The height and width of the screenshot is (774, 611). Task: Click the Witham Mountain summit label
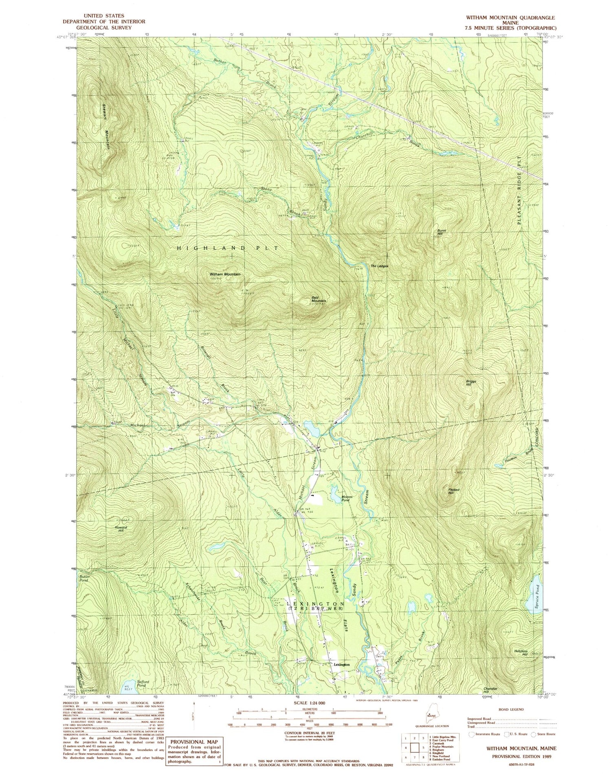point(225,274)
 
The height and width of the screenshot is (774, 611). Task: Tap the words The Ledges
point(379,266)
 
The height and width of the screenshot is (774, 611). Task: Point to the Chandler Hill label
point(491,690)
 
